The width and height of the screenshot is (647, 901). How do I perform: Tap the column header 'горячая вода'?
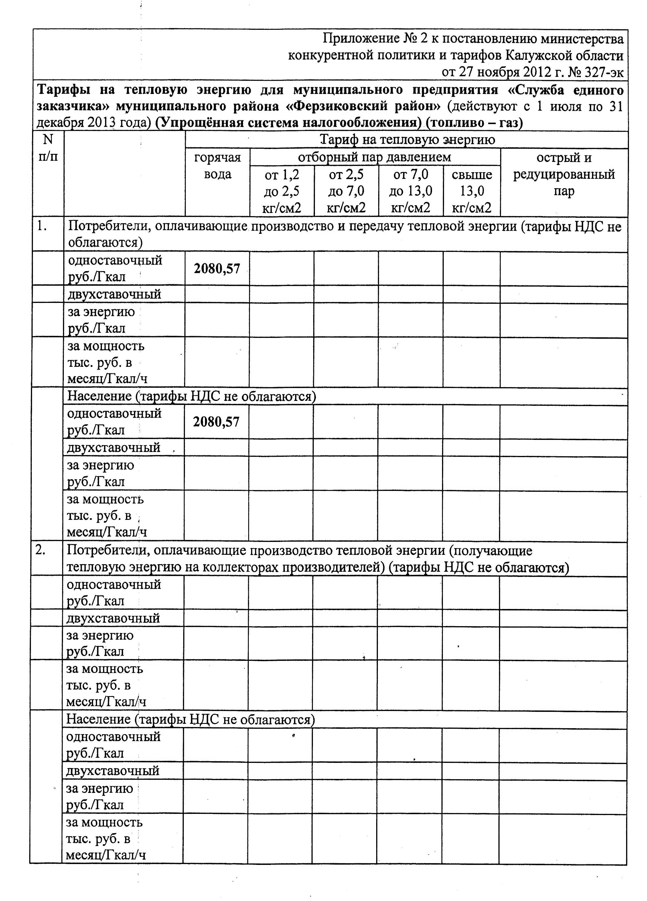(x=218, y=166)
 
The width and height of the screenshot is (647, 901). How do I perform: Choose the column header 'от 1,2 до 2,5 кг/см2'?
(x=282, y=191)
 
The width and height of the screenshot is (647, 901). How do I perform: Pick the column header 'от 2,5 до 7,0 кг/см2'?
(x=346, y=191)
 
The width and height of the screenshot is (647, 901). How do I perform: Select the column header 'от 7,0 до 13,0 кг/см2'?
(x=411, y=191)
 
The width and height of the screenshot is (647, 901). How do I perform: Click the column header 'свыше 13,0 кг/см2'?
(x=472, y=191)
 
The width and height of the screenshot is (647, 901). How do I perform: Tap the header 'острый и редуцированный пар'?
(x=564, y=175)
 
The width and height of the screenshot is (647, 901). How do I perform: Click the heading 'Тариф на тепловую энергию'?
(x=407, y=140)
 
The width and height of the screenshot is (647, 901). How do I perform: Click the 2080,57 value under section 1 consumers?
(x=217, y=269)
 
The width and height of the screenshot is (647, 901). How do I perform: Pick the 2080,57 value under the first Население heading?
(x=216, y=422)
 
